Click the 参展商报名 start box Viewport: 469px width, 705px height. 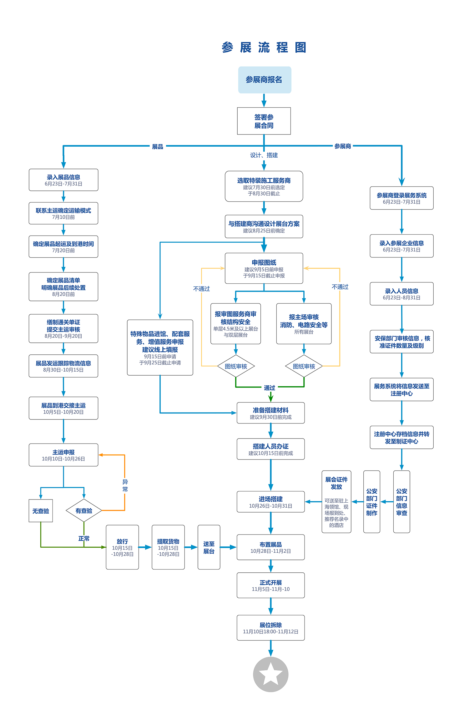265,80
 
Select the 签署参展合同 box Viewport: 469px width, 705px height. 264,121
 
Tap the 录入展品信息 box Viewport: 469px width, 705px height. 63,180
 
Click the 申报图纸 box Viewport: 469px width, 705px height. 264,268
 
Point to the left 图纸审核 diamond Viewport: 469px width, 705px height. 236,366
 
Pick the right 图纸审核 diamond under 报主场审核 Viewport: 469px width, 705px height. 304,366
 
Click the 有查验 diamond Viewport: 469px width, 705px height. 84,510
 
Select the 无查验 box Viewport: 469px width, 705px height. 41,511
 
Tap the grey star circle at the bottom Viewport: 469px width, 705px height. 270,674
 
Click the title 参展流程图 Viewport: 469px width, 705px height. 264,48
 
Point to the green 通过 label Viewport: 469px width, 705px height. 270,388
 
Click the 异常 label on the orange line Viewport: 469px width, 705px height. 125,485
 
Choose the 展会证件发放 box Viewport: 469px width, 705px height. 336,501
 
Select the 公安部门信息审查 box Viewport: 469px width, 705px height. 401,501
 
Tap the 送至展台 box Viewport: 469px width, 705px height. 209,547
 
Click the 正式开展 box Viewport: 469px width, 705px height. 270,585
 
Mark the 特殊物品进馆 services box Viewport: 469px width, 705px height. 160,347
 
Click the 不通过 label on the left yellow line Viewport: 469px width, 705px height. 201,289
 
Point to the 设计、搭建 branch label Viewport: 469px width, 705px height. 264,155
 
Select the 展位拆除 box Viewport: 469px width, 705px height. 270,628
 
